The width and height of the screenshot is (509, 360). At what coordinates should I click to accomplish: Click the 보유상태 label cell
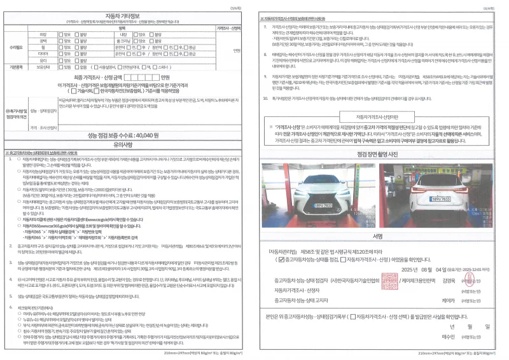tap(45, 66)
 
